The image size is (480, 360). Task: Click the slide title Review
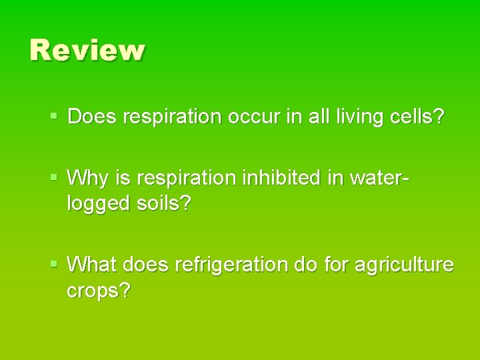(x=87, y=51)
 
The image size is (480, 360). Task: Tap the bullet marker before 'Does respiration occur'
(x=55, y=117)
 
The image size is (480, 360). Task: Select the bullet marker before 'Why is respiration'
(x=55, y=178)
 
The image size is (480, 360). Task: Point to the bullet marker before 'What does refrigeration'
(x=55, y=265)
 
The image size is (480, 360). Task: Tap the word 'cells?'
(x=419, y=117)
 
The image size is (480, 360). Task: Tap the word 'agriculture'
(x=404, y=265)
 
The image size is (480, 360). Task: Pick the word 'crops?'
(x=99, y=291)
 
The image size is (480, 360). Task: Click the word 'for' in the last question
(x=335, y=265)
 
